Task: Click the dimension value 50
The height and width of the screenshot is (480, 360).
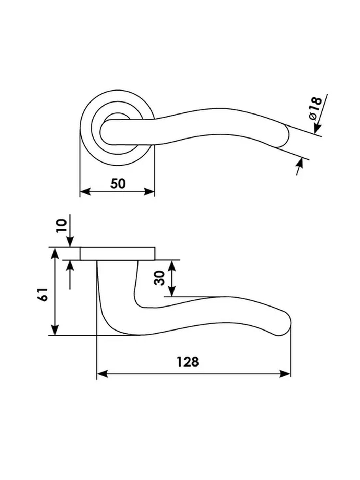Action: click(118, 183)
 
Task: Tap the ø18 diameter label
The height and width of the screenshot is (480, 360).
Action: click(316, 108)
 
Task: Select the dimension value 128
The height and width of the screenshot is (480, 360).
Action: click(188, 362)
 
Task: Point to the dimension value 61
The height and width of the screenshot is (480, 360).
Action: click(43, 295)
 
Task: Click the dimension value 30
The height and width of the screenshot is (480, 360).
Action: click(159, 278)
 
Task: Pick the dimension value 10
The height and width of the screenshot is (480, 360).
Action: click(61, 226)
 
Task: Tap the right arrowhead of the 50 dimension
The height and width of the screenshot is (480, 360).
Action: click(149, 192)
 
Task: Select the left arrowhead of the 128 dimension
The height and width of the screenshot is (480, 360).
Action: click(102, 374)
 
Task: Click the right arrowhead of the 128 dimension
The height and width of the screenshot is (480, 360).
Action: click(285, 374)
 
